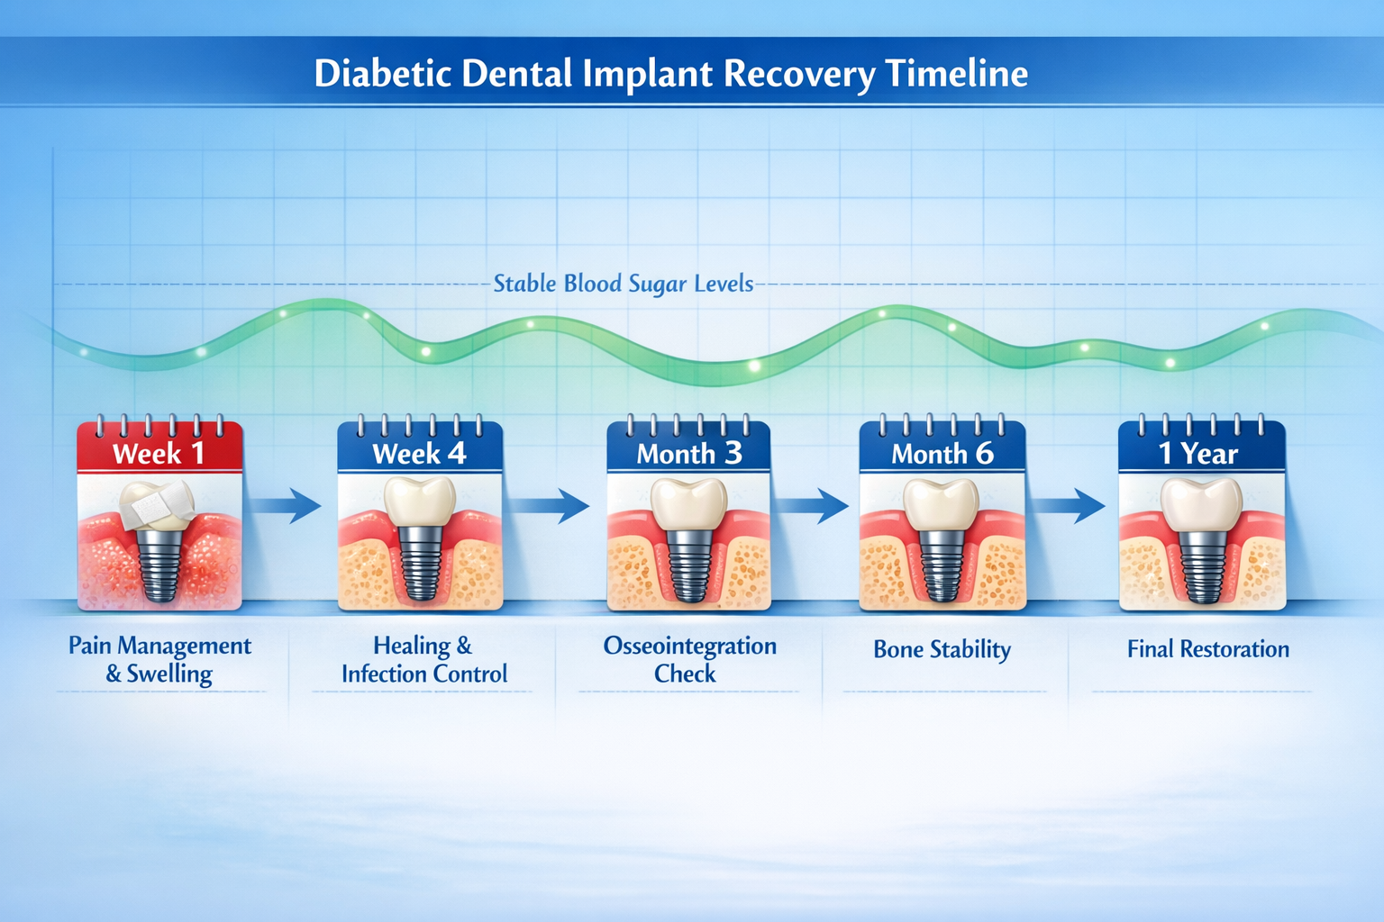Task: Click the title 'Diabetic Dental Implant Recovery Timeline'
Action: point(670,74)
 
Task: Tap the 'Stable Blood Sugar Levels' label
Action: point(623,284)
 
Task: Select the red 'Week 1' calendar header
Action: point(159,453)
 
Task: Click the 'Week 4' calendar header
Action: point(420,453)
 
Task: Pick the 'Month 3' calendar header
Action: point(689,453)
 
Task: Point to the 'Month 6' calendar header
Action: point(942,453)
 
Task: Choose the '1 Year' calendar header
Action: point(1201,453)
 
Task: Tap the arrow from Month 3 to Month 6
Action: point(812,505)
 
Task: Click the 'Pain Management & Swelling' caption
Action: point(159,659)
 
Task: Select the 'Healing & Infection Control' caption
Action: point(423,659)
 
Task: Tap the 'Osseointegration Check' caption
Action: point(689,659)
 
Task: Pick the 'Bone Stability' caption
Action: point(942,649)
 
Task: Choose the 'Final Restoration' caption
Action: point(1207,649)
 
